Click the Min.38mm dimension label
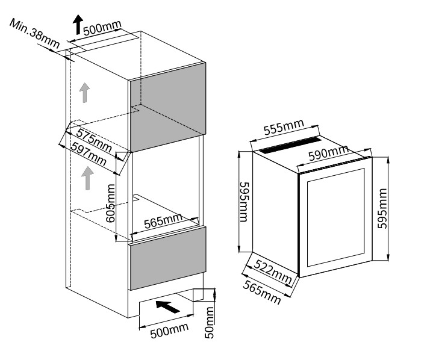[x=34, y=33]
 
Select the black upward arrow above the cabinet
[x=78, y=24]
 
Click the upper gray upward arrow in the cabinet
[x=85, y=93]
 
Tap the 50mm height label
[x=210, y=322]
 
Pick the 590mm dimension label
[x=329, y=154]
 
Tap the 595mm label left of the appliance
[x=244, y=201]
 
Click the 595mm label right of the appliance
[x=381, y=208]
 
